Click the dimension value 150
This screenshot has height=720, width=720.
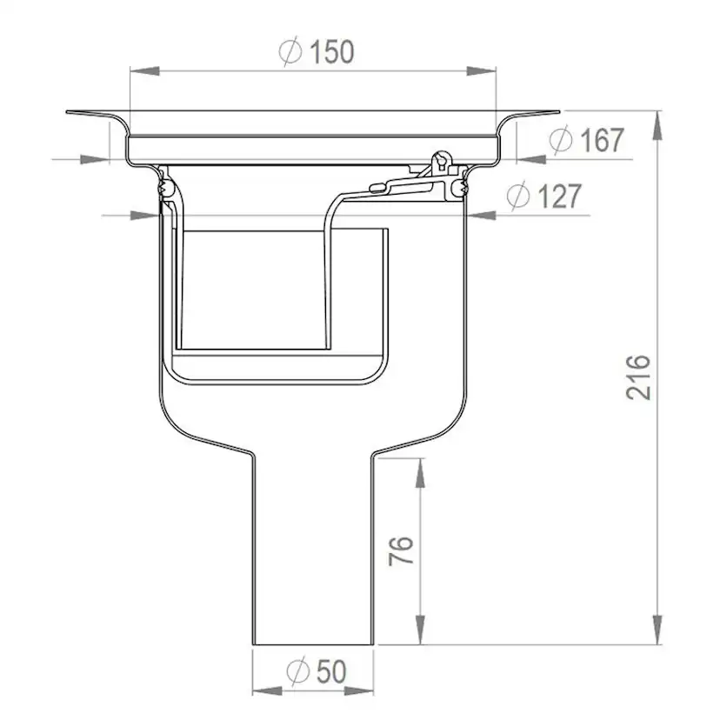coord(332,51)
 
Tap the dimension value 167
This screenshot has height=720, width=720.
coord(602,140)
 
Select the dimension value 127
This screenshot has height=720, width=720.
coord(560,196)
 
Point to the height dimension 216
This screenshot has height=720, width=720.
coord(639,377)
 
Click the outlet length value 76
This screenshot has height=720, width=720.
coord(401,550)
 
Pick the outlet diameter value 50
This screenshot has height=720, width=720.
coord(331,671)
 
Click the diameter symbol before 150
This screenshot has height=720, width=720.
coord(290,51)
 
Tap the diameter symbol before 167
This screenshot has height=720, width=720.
coord(561,139)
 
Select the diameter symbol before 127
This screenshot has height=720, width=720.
coord(518,196)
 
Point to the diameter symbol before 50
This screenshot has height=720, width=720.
coord(297,670)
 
